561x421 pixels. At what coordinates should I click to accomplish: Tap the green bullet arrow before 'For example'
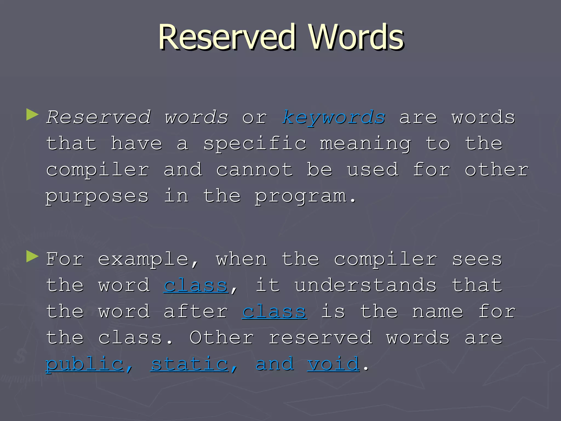pos(32,257)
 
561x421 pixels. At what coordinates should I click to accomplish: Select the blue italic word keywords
pos(334,118)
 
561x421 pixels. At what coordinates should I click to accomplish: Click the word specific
pos(255,144)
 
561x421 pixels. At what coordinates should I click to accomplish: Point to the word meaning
pos(365,144)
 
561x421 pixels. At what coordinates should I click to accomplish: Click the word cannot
pos(254,170)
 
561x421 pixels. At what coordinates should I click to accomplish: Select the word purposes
pos(97,196)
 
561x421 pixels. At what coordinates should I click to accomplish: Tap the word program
pos(301,196)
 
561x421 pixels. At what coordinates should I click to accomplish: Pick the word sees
pos(477,259)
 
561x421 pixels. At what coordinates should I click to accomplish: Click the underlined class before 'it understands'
pos(196,286)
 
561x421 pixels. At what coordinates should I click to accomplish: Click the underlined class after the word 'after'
pos(274,312)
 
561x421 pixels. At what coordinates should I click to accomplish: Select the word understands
pos(365,286)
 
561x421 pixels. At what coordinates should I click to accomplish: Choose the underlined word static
pos(190,364)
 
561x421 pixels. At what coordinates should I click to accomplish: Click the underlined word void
pos(333,364)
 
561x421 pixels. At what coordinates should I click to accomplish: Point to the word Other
pos(222,338)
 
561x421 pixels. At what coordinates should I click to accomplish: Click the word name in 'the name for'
pos(437,312)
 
